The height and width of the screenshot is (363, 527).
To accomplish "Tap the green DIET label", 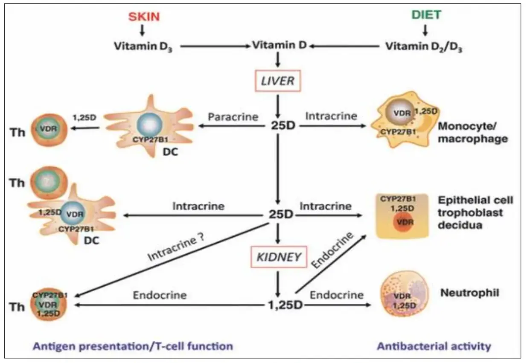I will tap(426, 15).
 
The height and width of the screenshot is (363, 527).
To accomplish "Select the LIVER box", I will tap(278, 80).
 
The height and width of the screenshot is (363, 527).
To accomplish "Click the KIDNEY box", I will tap(278, 257).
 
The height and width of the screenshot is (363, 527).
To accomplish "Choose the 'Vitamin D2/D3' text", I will tap(424, 46).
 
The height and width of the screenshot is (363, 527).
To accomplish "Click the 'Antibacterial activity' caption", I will tap(434, 346).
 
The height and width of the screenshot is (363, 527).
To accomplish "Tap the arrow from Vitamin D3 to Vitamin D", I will tap(215, 46).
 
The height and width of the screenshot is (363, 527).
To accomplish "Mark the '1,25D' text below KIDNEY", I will tap(279, 305).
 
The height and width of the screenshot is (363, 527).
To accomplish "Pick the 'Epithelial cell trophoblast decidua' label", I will tap(475, 212).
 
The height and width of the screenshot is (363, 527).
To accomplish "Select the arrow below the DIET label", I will tap(425, 30).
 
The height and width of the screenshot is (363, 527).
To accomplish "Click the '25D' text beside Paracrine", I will tap(279, 126).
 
